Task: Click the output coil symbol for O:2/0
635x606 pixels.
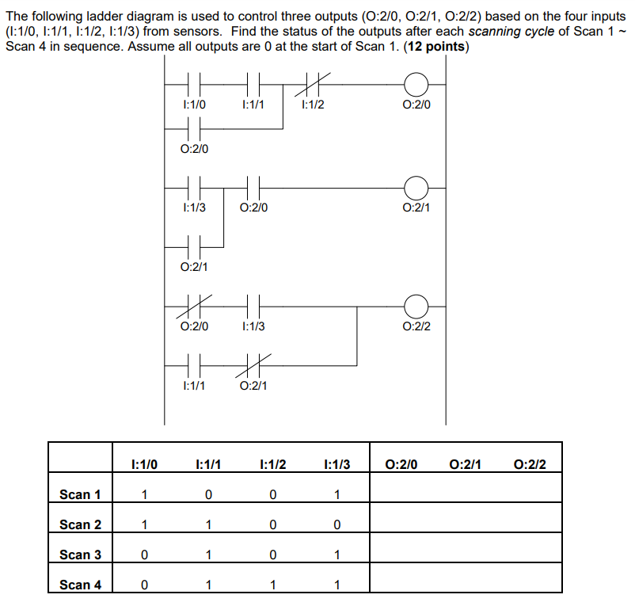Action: (x=416, y=82)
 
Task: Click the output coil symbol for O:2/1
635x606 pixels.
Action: (x=416, y=188)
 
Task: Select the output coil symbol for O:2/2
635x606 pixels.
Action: (x=416, y=306)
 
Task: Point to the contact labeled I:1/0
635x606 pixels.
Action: (x=194, y=82)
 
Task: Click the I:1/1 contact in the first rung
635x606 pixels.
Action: (x=253, y=82)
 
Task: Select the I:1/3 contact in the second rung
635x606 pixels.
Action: (x=194, y=188)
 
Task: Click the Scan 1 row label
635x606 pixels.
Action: (x=80, y=494)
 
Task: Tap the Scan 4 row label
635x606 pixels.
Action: (x=80, y=585)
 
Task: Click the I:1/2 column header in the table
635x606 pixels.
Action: (x=272, y=464)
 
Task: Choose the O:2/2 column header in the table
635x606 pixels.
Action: (x=530, y=464)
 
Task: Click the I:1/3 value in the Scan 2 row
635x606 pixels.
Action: (x=337, y=524)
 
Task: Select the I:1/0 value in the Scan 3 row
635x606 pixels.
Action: (x=143, y=555)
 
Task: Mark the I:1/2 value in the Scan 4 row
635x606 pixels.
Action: (x=272, y=585)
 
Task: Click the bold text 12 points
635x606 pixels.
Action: (x=435, y=47)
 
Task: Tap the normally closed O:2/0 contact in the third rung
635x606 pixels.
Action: (x=194, y=306)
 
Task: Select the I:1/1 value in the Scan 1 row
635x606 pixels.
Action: (x=207, y=494)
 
